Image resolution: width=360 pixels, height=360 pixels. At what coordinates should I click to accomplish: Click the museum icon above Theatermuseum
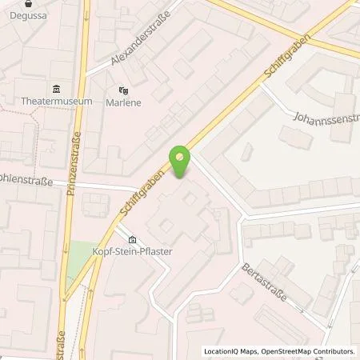pyautogui.click(x=57, y=89)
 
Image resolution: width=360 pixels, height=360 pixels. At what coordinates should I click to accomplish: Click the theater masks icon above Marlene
pyautogui.click(x=123, y=90)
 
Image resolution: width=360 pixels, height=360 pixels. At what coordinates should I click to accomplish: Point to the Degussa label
pyautogui.click(x=18, y=16)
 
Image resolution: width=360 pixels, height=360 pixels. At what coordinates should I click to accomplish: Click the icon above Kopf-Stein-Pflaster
pyautogui.click(x=132, y=239)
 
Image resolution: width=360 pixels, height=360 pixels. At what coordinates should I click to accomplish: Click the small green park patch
pyautogui.click(x=77, y=260)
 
